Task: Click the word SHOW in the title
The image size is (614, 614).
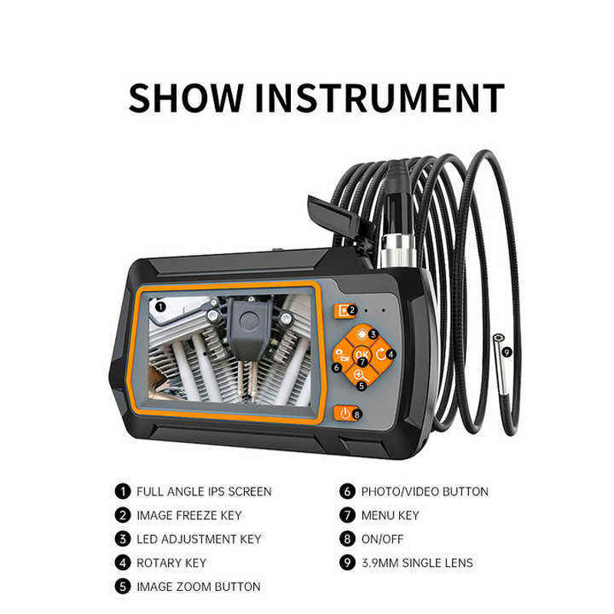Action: click(185, 98)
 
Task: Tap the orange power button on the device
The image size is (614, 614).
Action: click(345, 413)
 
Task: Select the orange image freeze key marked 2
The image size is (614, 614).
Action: click(341, 311)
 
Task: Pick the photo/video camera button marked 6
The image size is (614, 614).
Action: click(342, 355)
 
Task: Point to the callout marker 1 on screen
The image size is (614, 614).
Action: click(160, 305)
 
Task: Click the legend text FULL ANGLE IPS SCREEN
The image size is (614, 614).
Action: click(203, 491)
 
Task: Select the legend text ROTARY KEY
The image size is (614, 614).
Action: click(171, 563)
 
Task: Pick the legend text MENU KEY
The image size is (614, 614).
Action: click(390, 515)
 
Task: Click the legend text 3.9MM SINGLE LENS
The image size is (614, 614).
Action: click(417, 563)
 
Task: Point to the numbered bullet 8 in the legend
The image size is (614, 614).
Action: click(347, 539)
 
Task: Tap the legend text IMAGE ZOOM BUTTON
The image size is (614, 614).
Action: click(198, 586)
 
